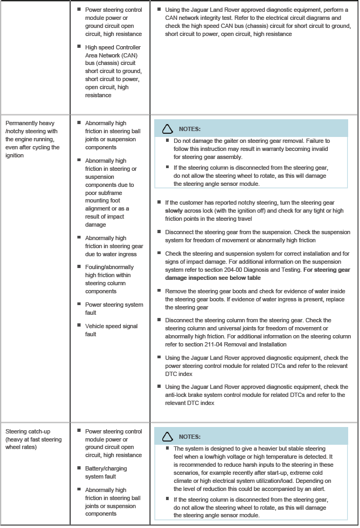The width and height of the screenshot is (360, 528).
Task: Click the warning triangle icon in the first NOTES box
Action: click(168, 129)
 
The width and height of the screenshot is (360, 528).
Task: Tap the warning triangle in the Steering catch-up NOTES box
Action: click(168, 437)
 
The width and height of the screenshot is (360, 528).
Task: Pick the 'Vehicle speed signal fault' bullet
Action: click(111, 330)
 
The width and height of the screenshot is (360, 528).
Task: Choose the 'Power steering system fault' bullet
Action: click(114, 308)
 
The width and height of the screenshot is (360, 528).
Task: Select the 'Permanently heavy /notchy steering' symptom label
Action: click(30, 127)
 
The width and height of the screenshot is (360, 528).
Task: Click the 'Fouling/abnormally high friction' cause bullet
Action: click(109, 279)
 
